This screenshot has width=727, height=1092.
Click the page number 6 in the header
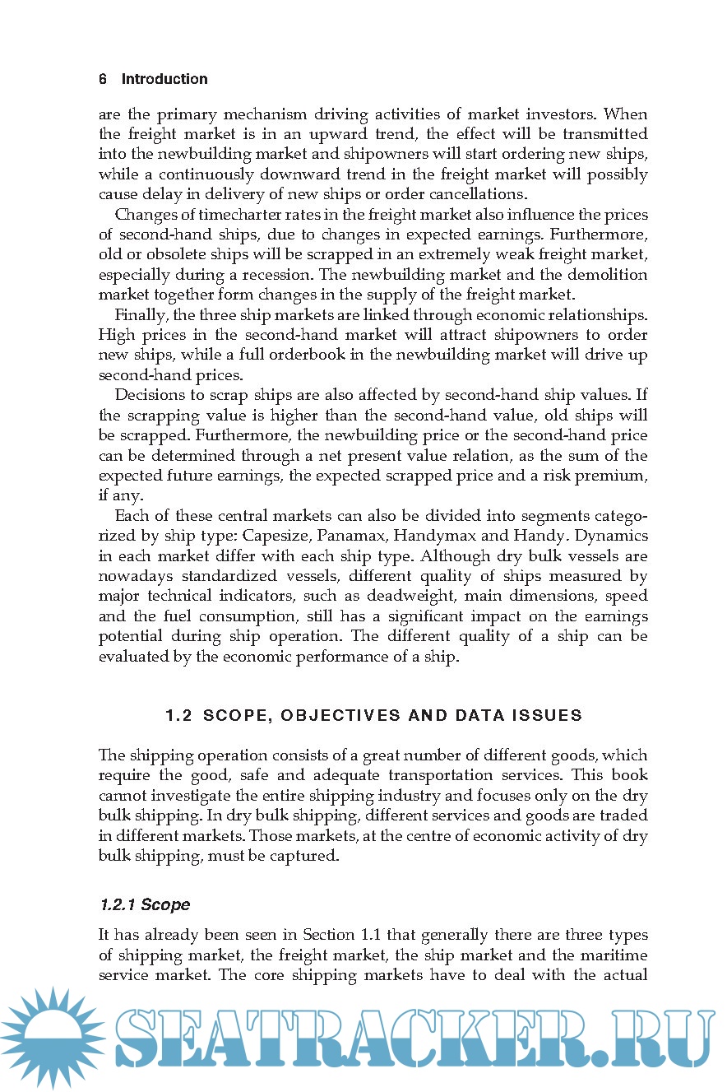coord(103,79)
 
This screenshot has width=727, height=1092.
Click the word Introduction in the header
coord(164,79)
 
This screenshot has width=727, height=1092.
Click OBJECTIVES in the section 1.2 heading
coord(333,715)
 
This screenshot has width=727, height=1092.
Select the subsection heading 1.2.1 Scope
coord(144,904)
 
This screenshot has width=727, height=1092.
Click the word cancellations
coord(473,194)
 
